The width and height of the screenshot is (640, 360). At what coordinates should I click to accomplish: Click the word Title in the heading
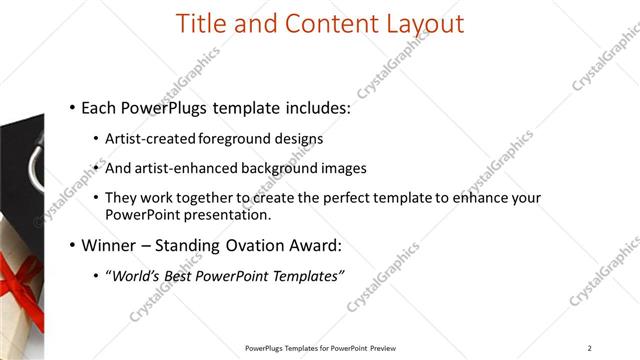[200, 23]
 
